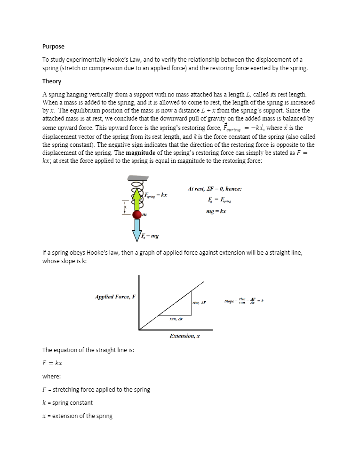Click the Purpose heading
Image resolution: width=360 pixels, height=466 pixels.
53,47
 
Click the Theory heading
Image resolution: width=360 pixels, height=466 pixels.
52,81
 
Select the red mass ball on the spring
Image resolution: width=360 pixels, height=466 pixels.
137,215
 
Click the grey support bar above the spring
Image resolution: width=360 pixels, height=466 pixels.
138,178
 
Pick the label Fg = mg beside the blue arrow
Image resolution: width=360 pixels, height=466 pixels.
151,235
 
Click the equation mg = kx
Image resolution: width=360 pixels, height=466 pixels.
216,211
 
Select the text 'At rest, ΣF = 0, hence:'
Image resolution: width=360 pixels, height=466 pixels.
214,189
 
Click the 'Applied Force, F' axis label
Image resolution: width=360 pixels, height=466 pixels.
115,297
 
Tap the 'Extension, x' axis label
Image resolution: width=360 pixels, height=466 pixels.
184,336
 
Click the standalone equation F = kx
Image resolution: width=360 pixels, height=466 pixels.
52,363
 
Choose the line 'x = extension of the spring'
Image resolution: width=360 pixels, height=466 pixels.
77,416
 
